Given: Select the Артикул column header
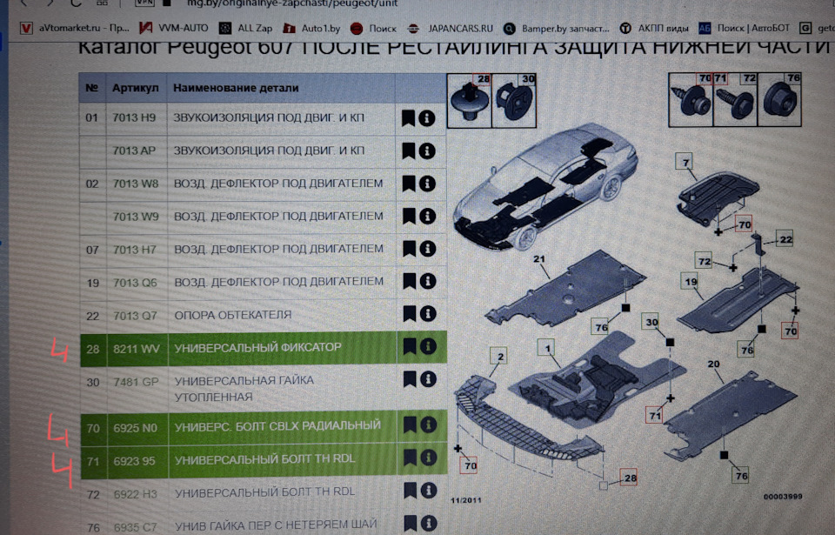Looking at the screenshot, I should click(135, 88).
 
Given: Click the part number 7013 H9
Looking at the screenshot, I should click(134, 117).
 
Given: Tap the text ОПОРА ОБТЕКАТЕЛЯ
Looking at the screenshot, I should click(232, 314).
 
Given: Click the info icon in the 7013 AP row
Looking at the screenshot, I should click(426, 150).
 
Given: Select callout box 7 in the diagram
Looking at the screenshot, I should click(685, 162).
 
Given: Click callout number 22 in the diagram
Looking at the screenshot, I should click(785, 239).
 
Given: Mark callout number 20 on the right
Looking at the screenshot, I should click(713, 364).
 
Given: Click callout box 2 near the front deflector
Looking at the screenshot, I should click(499, 355).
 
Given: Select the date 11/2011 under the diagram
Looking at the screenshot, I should click(464, 500).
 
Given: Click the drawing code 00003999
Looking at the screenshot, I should click(782, 496).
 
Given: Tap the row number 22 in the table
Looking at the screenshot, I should click(92, 314).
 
